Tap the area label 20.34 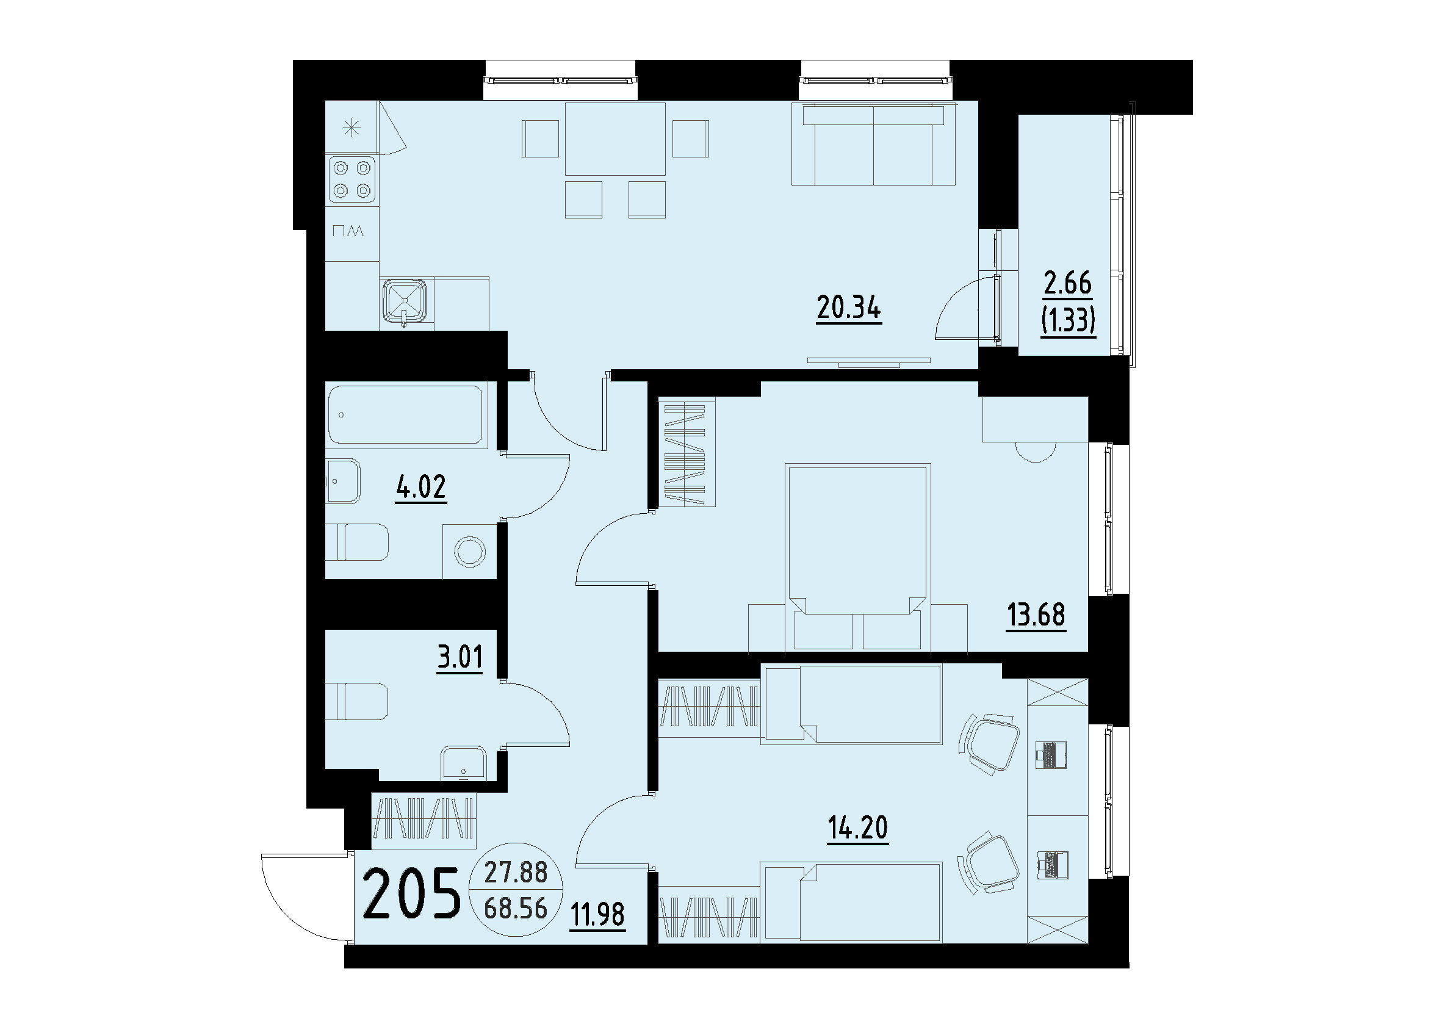(x=848, y=308)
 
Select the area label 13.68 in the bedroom (x=1036, y=615)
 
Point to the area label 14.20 (x=858, y=828)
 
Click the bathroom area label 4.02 (x=421, y=487)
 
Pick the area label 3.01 (x=460, y=657)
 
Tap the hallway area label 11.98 (x=597, y=915)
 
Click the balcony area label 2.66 (x=1068, y=284)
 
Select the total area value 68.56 (x=516, y=908)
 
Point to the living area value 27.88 (x=516, y=873)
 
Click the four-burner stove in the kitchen (x=352, y=179)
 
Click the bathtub (x=406, y=415)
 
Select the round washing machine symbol (x=470, y=552)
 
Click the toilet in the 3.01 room (x=357, y=702)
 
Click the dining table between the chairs (x=615, y=139)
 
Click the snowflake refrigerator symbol (x=353, y=129)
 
